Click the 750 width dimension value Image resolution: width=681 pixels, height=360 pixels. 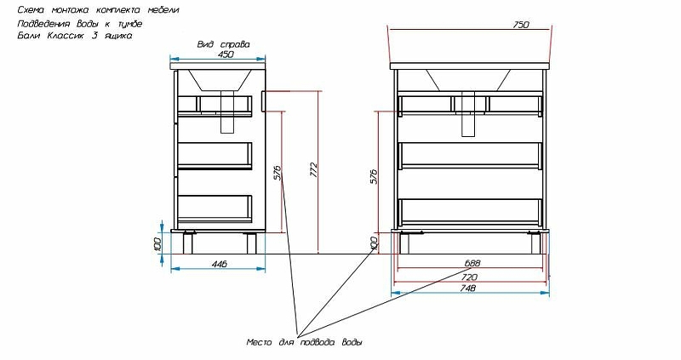(x=521, y=25)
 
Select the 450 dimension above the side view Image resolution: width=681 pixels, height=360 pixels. (x=226, y=54)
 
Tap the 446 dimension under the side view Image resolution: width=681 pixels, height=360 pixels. (x=220, y=264)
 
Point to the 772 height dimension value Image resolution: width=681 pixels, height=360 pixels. (x=314, y=170)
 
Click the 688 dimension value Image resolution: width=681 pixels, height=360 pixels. (x=472, y=263)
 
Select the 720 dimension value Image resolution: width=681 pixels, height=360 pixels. (x=470, y=277)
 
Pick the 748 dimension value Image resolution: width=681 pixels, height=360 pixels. (x=467, y=288)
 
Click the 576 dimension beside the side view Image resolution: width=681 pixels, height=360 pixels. (x=278, y=173)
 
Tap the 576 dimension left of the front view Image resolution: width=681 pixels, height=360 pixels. (x=375, y=176)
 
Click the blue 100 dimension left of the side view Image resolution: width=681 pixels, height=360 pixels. (x=157, y=244)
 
